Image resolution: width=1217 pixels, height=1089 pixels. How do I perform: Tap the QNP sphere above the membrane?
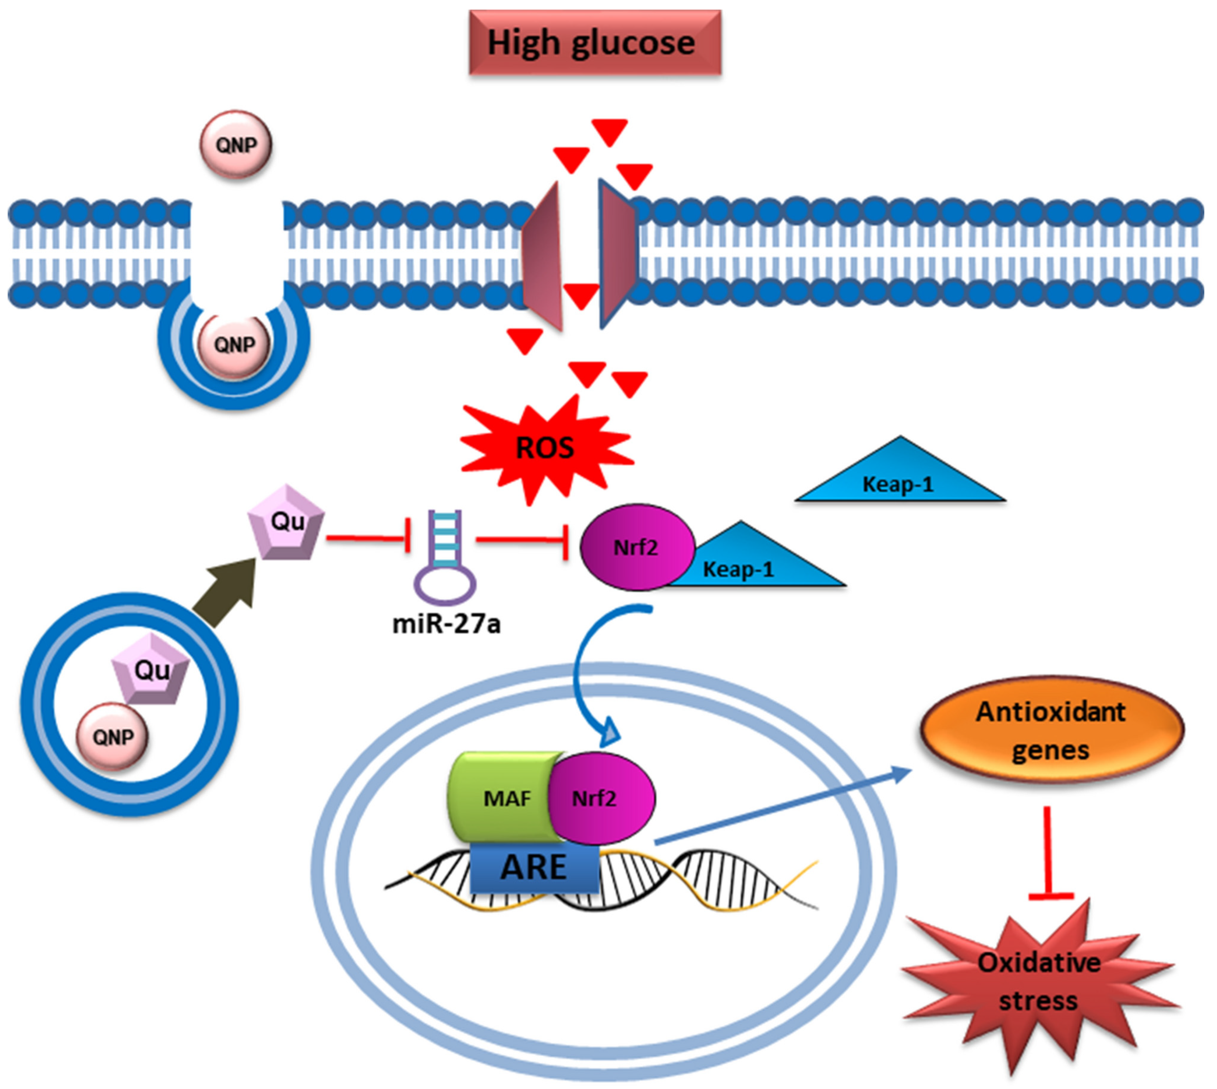tap(236, 144)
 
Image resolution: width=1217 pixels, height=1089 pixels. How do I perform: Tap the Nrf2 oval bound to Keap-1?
tap(637, 547)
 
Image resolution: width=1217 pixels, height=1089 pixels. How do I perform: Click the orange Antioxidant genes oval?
tap(1052, 730)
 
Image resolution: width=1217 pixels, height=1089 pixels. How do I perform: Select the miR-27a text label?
tap(447, 624)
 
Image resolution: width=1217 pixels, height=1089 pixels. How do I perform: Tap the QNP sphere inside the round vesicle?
tap(113, 736)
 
